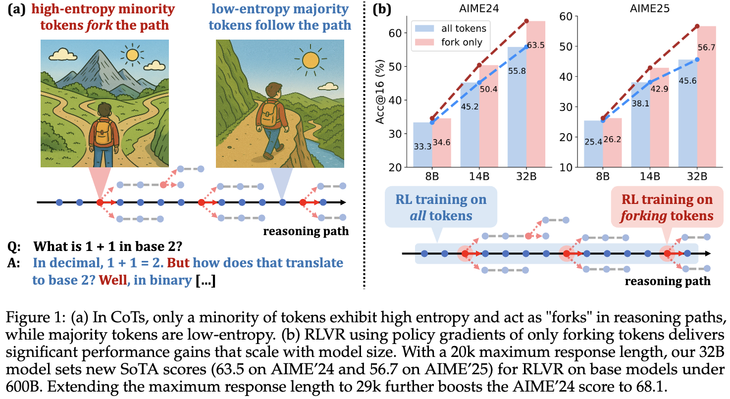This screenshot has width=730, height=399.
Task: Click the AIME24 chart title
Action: pos(479,8)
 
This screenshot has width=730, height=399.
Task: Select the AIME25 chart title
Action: pos(649,8)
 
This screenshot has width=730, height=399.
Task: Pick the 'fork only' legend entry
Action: pos(449,43)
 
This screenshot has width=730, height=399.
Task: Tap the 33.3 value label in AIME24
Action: pos(422,147)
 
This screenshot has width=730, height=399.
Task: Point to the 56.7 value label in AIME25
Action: pos(706,48)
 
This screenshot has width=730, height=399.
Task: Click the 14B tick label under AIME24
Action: pos(479,177)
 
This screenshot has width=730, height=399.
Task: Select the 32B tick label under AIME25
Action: pos(697,177)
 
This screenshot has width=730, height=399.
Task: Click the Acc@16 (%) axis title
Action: pos(380,92)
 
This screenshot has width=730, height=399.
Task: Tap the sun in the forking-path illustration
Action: pos(132,55)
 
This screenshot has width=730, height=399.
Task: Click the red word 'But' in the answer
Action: pos(178,263)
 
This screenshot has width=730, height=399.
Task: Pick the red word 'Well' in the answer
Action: pos(113,280)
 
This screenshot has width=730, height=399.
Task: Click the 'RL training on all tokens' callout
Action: pos(441,207)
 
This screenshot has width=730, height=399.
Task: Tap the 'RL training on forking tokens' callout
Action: pos(667,207)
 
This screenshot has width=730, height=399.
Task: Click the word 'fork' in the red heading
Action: pos(100,25)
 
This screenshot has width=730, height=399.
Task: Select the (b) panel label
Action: pos(382,9)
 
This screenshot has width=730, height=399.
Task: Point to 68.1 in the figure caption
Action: pos(649,387)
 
